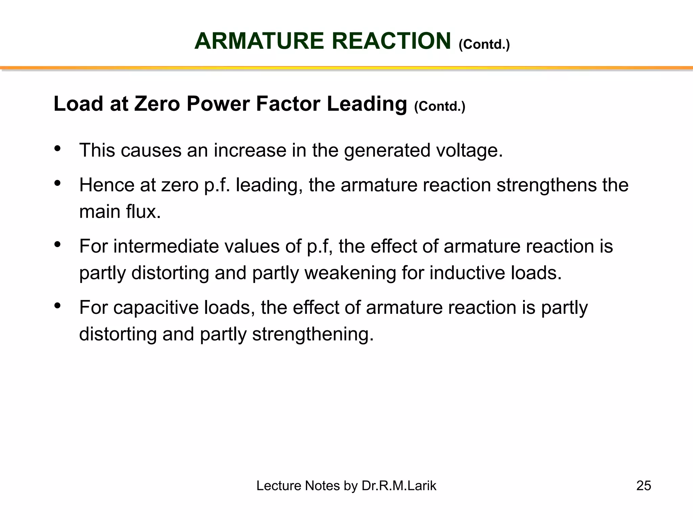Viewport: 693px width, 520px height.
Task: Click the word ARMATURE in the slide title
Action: pyautogui.click(x=259, y=41)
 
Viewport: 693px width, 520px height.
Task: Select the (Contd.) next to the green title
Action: pyautogui.click(x=484, y=44)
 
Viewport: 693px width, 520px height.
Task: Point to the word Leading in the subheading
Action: pyautogui.click(x=367, y=104)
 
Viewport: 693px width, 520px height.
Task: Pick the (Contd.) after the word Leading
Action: pyautogui.click(x=440, y=106)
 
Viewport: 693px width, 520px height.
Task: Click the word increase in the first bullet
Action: pyautogui.click(x=250, y=150)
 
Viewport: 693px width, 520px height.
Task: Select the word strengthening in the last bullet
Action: pyautogui.click(x=313, y=334)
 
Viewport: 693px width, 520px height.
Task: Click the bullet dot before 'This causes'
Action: pyautogui.click(x=57, y=148)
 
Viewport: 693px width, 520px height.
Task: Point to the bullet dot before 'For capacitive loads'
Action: pyautogui.click(x=57, y=306)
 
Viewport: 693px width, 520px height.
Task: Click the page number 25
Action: pyautogui.click(x=644, y=486)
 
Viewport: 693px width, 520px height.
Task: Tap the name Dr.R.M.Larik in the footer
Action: pyautogui.click(x=399, y=486)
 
